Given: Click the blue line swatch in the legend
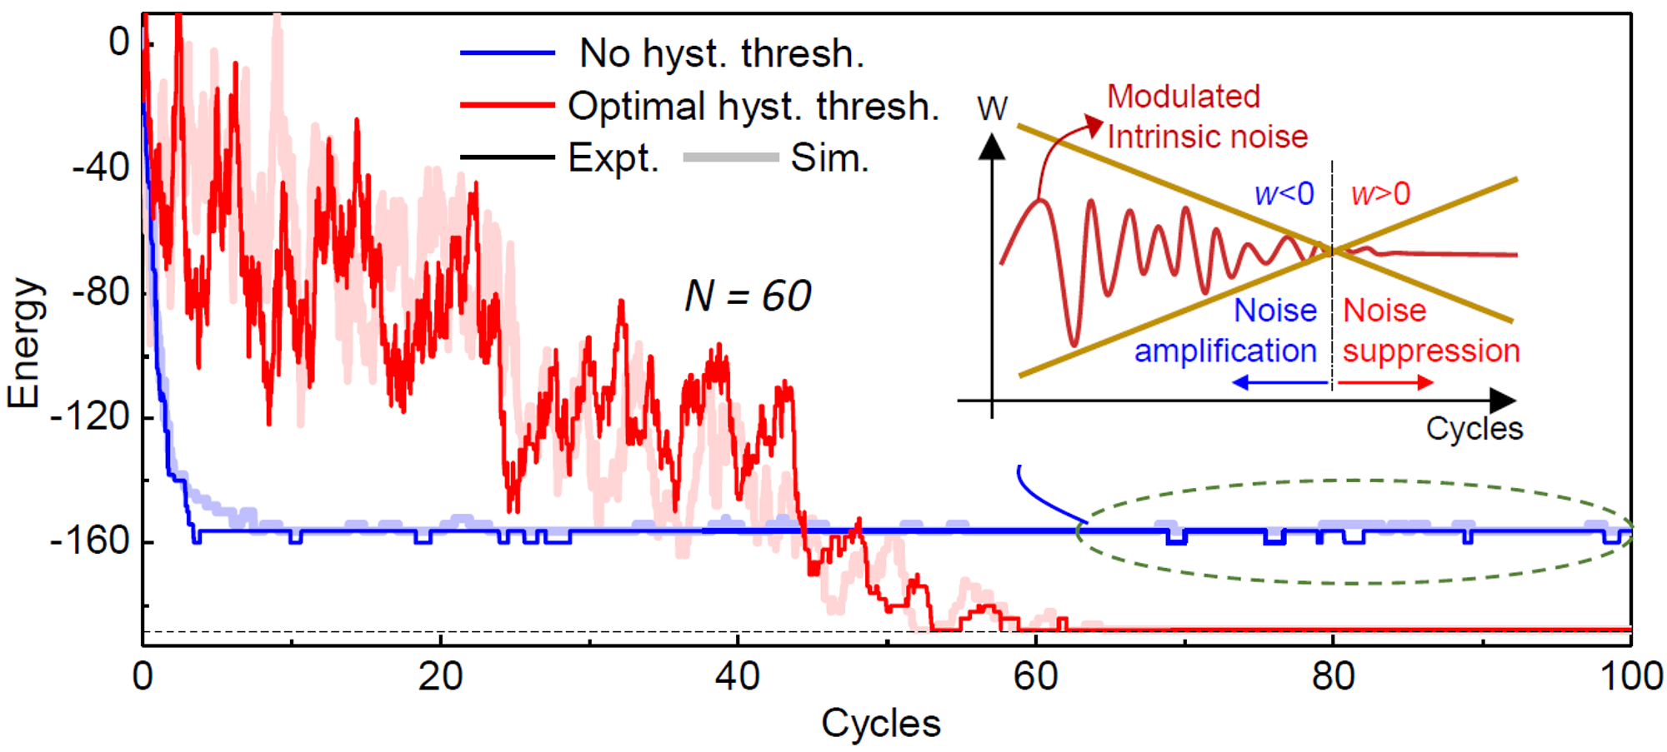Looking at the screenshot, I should coord(508,53).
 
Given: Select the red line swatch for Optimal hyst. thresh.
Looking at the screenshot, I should coord(508,106).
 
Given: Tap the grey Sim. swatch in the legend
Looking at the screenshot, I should coord(730,157).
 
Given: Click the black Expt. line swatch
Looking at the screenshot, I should coord(508,157).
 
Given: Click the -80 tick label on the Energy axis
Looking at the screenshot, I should coord(100,291).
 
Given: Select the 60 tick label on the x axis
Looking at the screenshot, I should coord(1035,676).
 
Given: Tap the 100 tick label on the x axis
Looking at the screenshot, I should coord(1630,676).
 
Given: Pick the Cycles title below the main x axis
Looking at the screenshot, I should coord(881,723).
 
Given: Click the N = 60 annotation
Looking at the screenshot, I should coord(748,296).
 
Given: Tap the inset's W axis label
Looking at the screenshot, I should coord(992,109).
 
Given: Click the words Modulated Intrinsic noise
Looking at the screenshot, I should coord(1207,117).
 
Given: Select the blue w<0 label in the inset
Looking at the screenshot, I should coord(1284,194).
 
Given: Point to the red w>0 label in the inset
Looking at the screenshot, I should coord(1380,194).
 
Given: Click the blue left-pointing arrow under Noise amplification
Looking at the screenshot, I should coord(1279,382).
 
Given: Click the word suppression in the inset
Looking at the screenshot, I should coord(1431,351).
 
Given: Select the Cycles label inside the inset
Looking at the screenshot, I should coord(1474,429).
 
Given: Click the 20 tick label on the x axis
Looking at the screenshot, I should coord(440,676).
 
